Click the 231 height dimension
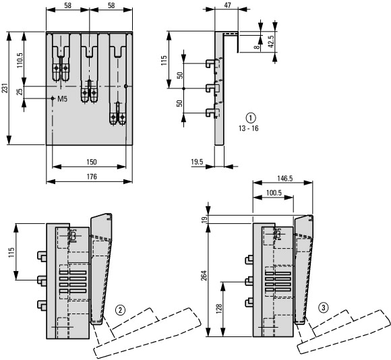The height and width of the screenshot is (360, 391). click(5, 88)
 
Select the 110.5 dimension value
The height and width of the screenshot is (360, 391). click(20, 60)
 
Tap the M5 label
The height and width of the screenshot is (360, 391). click(62, 99)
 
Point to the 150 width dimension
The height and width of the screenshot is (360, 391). click(92, 162)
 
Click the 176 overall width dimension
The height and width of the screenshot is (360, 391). click(92, 177)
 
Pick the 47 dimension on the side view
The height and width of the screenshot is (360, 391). click(227, 5)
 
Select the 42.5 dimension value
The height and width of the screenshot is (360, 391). click(271, 41)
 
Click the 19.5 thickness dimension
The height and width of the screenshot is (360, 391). click(197, 162)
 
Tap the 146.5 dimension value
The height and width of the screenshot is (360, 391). click(284, 179)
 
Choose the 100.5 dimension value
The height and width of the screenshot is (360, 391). click(274, 193)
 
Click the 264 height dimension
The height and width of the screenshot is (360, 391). click(204, 276)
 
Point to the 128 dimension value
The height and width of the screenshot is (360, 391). click(219, 309)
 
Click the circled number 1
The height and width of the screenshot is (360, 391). click(251, 118)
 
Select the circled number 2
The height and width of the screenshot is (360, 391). click(120, 310)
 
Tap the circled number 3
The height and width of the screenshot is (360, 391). click(324, 307)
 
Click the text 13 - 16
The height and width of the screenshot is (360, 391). click(248, 128)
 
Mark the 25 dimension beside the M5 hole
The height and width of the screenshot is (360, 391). click(20, 92)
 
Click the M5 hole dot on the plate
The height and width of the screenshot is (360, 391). click(53, 98)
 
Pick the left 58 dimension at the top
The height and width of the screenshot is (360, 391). click(67, 5)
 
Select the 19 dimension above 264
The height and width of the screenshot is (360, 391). click(204, 219)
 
